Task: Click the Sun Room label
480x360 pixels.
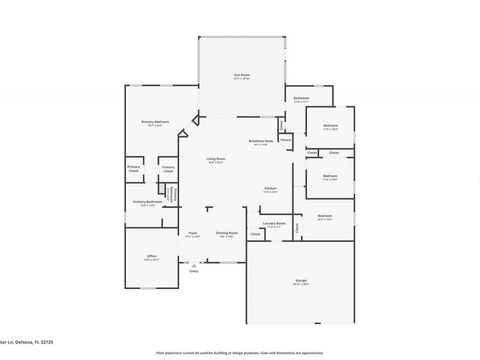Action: point(242,75)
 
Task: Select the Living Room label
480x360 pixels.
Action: point(217,159)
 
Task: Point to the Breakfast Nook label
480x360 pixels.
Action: point(261,141)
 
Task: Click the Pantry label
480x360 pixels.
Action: point(286,140)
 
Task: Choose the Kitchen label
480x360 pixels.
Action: point(270,189)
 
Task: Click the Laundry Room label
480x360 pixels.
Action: point(274,223)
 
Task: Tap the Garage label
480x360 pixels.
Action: point(301,281)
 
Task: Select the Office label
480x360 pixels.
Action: point(152,256)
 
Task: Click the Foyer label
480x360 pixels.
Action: point(192,233)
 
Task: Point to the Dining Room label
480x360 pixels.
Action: point(227,233)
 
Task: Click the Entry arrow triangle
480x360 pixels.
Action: point(194,265)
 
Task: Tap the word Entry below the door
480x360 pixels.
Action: point(194,271)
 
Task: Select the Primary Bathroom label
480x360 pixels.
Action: point(147,202)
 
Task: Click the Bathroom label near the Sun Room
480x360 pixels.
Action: point(301,98)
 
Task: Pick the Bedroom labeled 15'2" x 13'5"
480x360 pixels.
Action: point(325,216)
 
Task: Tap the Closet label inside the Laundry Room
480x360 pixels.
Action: point(255,234)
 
